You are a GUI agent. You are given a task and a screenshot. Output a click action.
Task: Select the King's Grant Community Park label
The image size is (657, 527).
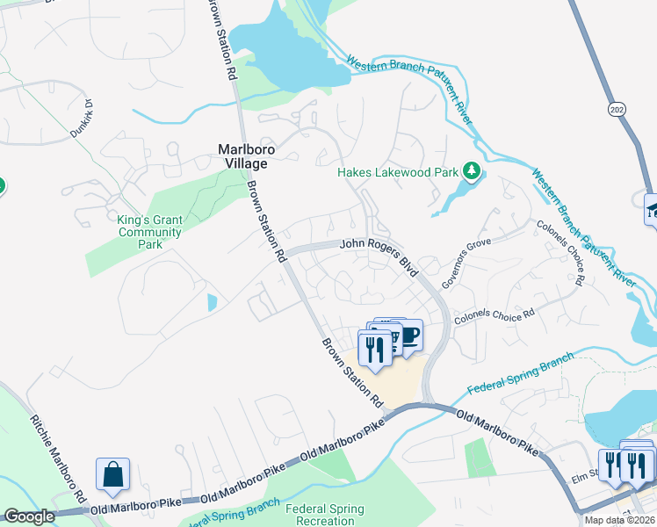[149, 227]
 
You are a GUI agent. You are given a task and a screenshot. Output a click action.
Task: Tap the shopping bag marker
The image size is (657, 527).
[113, 475]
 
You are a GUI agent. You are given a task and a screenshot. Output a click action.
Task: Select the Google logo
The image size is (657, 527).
[29, 517]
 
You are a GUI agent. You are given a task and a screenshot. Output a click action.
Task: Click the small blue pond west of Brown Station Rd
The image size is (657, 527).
[212, 303]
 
